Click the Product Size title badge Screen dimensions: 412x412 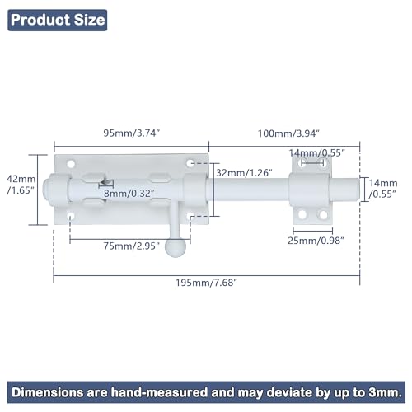(x=58, y=20)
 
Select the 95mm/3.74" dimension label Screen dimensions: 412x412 (x=131, y=133)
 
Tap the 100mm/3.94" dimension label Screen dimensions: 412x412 (x=288, y=133)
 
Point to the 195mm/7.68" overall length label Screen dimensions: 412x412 (x=206, y=283)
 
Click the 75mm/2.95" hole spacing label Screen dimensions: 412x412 (x=131, y=246)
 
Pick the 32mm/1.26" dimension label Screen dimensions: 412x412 (x=244, y=173)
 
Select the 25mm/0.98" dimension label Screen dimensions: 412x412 (x=316, y=241)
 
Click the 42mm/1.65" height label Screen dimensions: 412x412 (x=21, y=185)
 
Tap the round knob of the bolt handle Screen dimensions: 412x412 (x=176, y=247)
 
